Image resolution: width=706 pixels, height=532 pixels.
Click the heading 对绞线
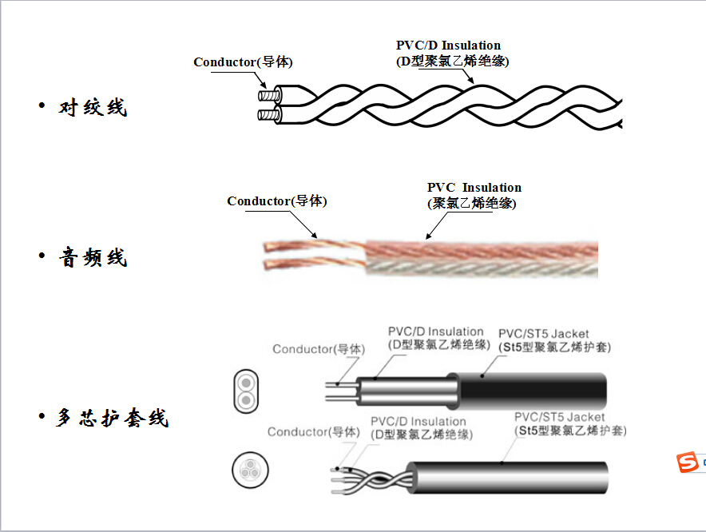point(93,107)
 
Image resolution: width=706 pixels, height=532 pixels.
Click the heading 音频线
point(93,257)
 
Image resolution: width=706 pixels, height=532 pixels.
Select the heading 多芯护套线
point(113,417)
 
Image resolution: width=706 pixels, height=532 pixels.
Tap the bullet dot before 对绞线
point(42,106)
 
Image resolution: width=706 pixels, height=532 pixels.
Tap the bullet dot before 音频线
point(42,256)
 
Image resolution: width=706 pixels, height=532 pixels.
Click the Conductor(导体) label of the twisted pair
point(243,62)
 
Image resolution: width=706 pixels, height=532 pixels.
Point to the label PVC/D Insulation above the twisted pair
point(448,46)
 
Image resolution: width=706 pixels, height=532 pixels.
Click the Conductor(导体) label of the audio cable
point(276,201)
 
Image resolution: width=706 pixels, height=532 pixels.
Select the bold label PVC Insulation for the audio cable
point(474,188)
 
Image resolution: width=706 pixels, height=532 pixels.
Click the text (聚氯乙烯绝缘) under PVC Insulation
point(471,204)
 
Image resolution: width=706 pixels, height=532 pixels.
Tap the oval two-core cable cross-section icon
point(246,389)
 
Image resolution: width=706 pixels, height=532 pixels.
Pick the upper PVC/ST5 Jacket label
point(543,333)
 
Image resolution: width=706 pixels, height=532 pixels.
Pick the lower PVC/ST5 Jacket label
point(559,417)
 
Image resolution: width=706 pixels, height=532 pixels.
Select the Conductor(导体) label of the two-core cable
point(318,349)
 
